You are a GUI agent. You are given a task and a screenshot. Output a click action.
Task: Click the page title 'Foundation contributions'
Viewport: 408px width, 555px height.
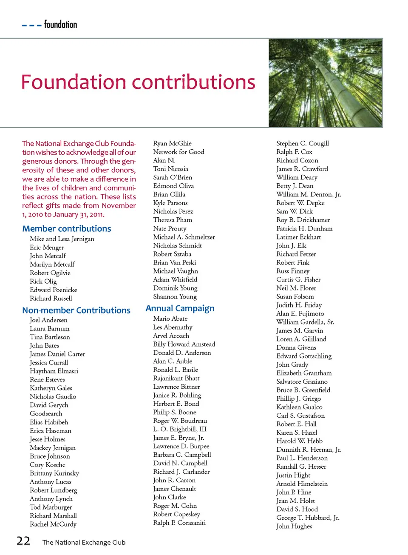tap(138, 82)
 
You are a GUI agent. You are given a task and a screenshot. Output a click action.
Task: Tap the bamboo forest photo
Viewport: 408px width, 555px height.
tap(325, 83)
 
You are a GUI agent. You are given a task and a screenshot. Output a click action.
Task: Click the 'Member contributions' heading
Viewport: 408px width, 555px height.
tap(67, 229)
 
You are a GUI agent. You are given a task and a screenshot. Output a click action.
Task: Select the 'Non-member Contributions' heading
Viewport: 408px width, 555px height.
tap(76, 310)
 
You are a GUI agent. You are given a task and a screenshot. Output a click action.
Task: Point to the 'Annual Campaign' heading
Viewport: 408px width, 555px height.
tap(180, 308)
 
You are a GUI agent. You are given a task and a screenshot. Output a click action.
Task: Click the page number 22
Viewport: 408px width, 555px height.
tap(23, 541)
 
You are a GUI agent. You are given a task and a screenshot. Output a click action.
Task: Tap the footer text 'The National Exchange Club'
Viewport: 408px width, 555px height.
tap(84, 542)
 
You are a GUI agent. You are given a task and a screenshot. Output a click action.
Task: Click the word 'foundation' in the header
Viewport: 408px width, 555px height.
tap(60, 25)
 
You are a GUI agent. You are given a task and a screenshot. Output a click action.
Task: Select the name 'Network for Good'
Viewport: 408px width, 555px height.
tap(178, 152)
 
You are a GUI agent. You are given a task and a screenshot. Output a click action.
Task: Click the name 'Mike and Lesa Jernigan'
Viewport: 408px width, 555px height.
tap(62, 239)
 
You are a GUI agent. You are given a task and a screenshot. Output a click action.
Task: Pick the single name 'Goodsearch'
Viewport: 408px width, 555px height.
tap(46, 413)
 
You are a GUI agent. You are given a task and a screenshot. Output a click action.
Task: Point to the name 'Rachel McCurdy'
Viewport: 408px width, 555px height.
tap(53, 524)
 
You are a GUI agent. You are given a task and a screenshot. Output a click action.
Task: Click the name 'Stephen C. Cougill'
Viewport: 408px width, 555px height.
tap(303, 143)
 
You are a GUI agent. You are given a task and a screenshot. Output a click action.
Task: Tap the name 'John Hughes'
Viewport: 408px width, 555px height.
tap(294, 526)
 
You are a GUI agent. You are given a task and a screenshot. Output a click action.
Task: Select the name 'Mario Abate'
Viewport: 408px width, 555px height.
tap(170, 319)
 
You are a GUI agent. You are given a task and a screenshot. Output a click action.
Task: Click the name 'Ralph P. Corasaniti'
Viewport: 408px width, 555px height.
tap(179, 523)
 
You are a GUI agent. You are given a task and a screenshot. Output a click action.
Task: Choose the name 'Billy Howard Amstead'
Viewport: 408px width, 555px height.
tap(184, 344)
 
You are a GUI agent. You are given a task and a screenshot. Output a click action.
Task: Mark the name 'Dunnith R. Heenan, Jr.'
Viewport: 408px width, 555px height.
tap(309, 450)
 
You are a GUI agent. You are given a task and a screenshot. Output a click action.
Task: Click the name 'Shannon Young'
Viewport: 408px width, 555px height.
tap(175, 296)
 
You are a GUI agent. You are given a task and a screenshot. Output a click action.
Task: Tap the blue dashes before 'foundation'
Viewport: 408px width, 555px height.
tap(32, 26)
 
